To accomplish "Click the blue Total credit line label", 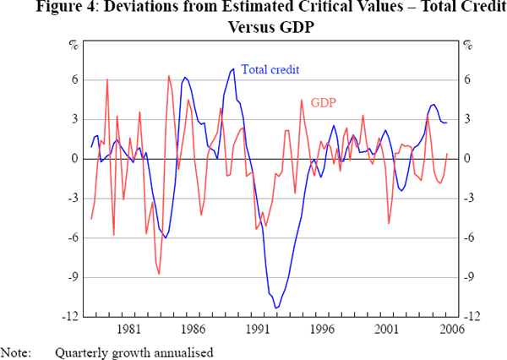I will pyautogui.click(x=271, y=70).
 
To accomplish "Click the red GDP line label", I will pyautogui.click(x=324, y=103).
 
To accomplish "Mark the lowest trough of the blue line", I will pyautogui.click(x=275, y=308).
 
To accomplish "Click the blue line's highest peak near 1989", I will pyautogui.click(x=233, y=68).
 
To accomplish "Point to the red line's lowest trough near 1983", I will pyautogui.click(x=158, y=274).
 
